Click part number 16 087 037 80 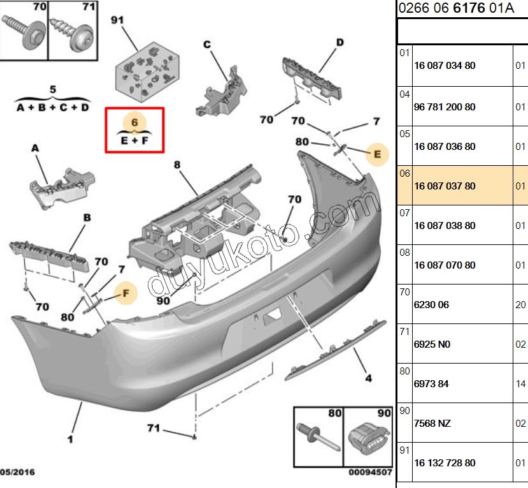tap(445, 186)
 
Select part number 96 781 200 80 tap(445, 107)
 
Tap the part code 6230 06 tap(431, 305)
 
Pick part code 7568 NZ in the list tap(433, 424)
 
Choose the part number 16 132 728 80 tap(445, 463)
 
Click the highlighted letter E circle tap(377, 154)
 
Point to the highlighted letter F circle tap(125, 293)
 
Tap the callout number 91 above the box tap(118, 20)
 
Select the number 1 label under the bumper tap(70, 439)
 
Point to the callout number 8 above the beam tap(177, 165)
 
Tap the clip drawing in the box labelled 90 tap(369, 440)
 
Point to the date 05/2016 tap(18, 473)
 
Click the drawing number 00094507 tap(369, 473)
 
